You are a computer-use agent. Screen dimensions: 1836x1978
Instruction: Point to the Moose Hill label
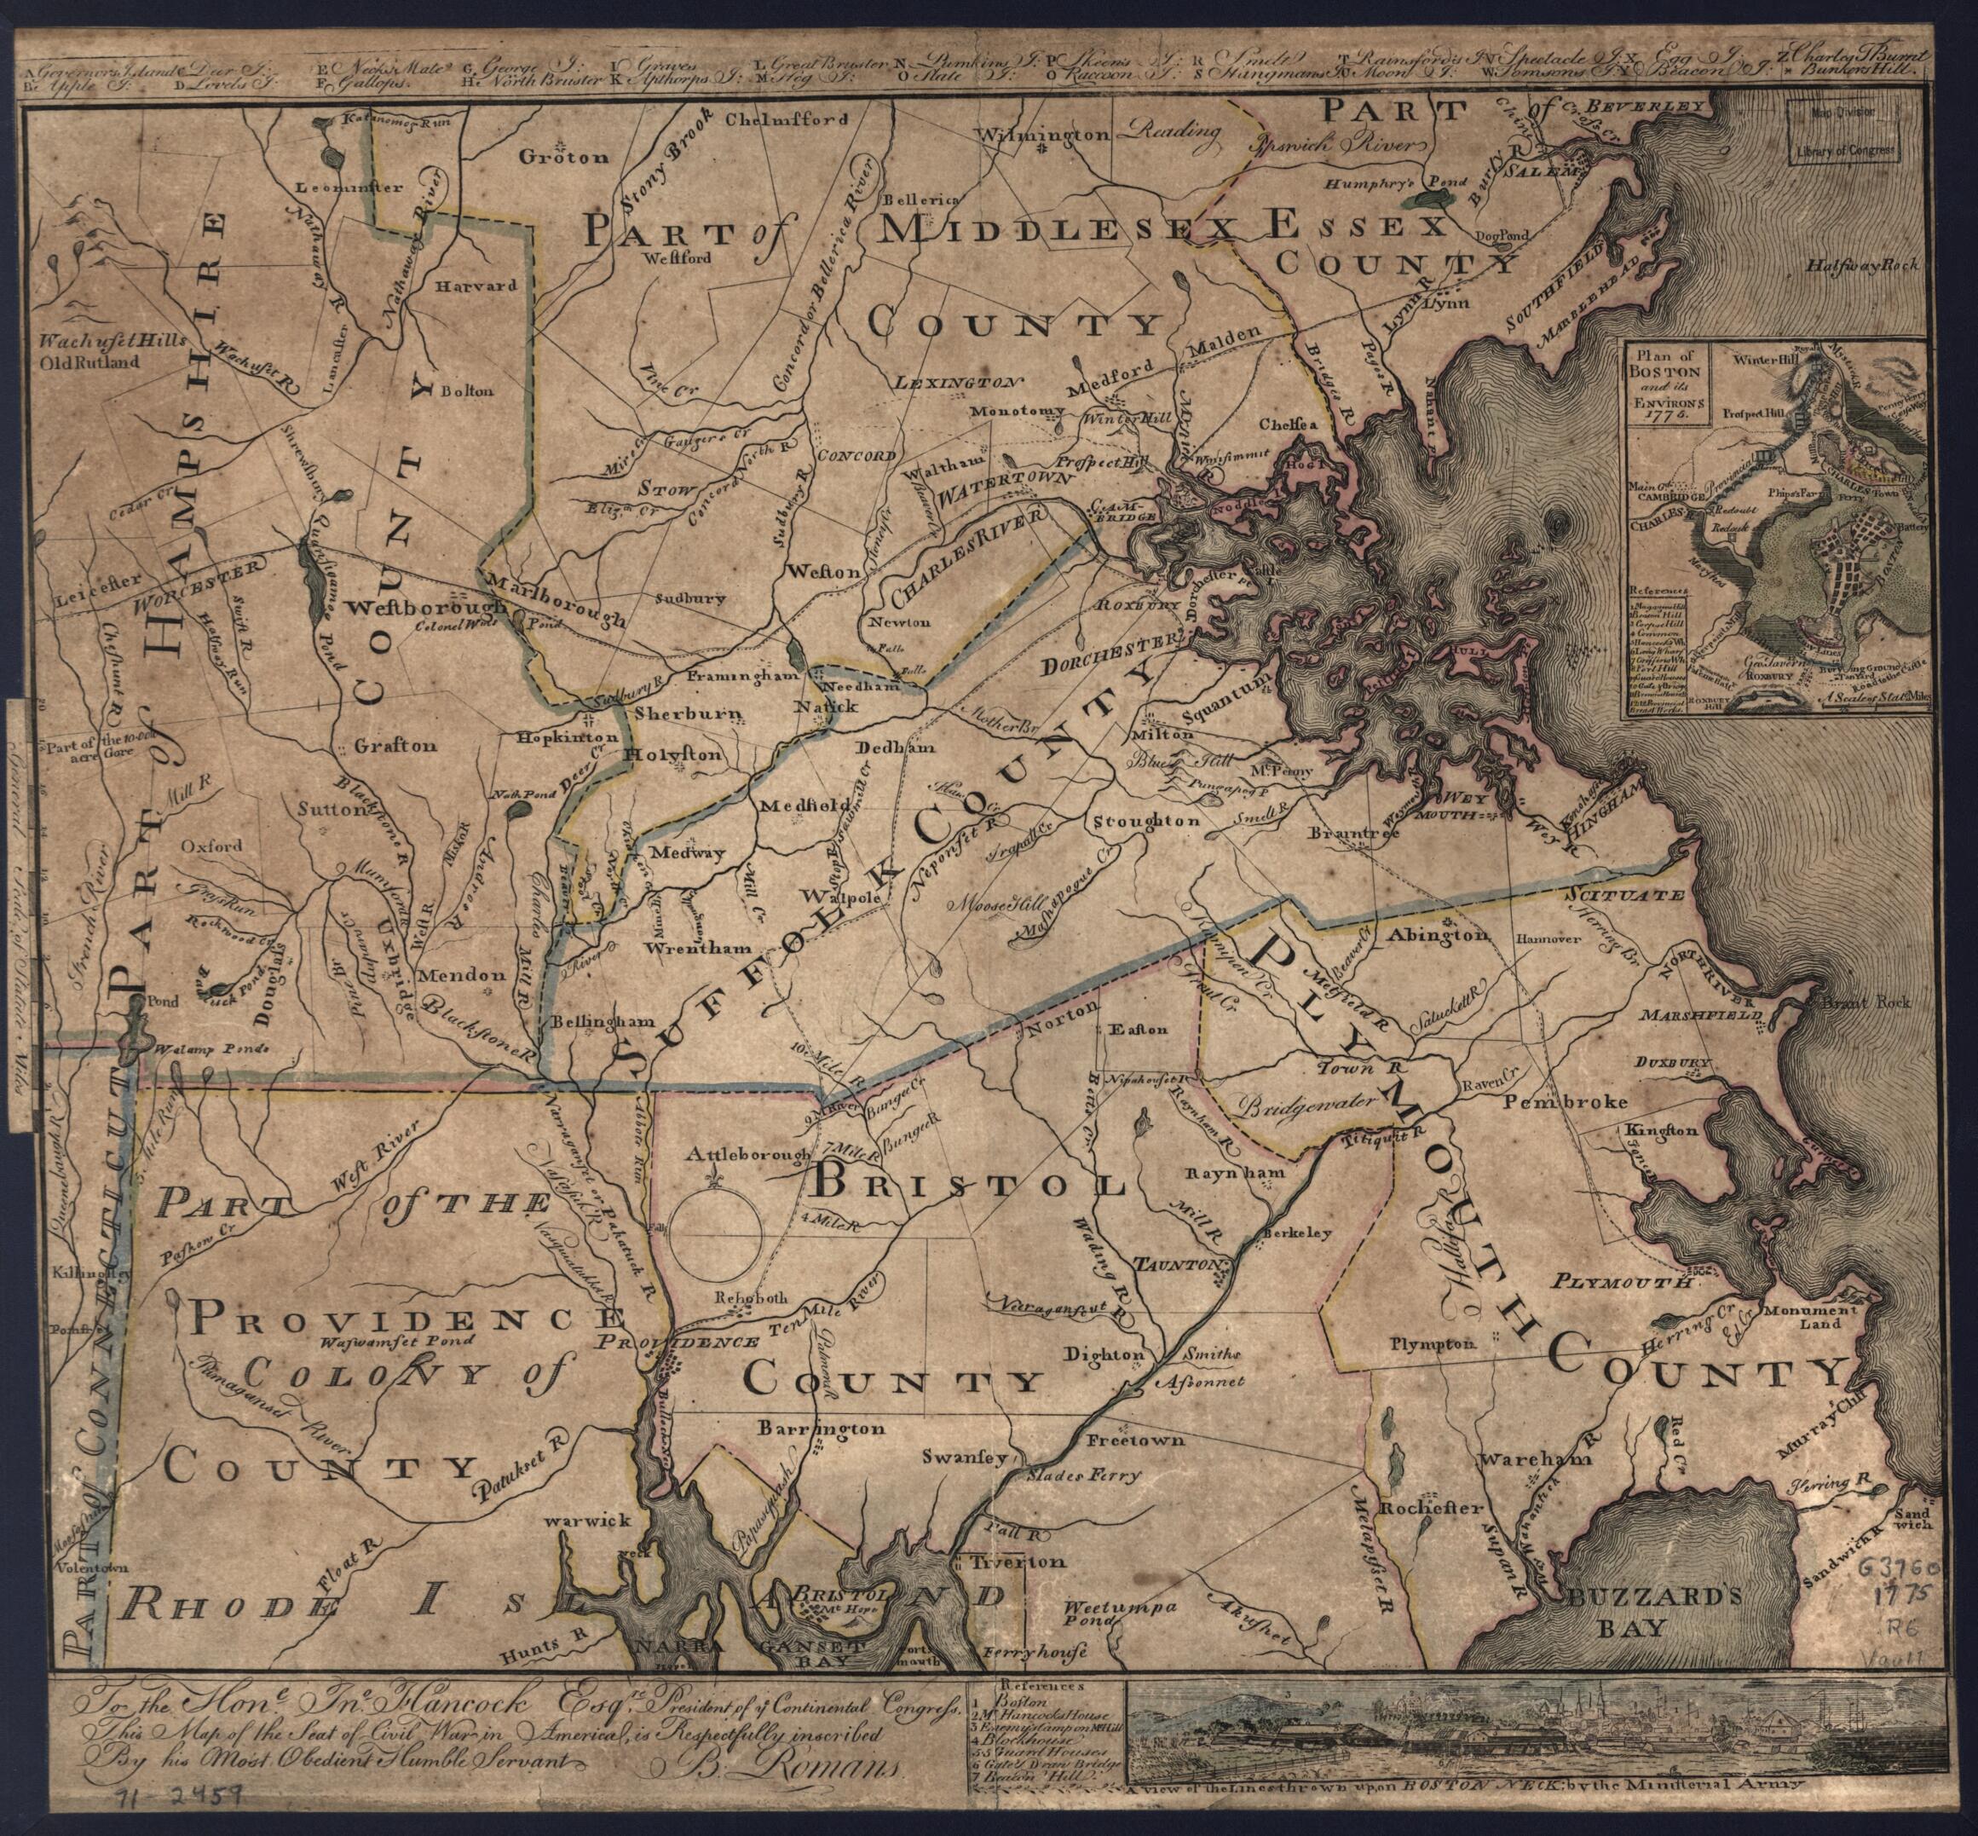click(x=994, y=907)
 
